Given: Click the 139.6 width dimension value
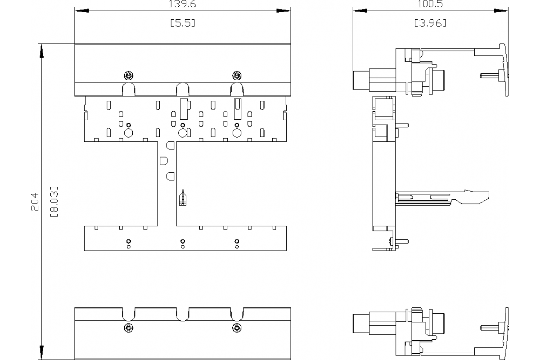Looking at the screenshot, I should tap(182, 4).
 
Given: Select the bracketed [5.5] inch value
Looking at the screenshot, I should tap(182, 23).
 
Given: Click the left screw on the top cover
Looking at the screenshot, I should tap(128, 75).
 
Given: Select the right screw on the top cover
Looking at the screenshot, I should tap(236, 75).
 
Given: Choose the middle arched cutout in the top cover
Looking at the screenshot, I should tap(182, 89).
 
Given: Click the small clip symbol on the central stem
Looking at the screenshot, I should tap(182, 198).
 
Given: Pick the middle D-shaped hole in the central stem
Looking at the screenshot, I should tap(164, 160).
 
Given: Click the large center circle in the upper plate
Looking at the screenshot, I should tap(182, 133).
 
